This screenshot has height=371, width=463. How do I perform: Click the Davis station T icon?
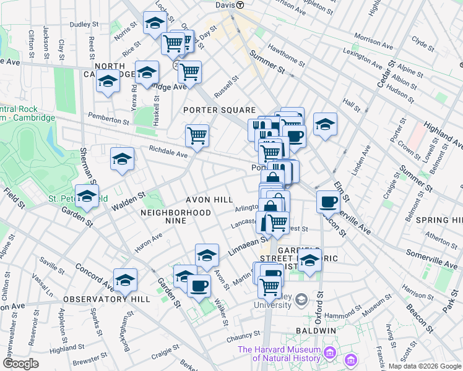point(240,4)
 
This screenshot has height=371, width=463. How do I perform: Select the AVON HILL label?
point(209,200)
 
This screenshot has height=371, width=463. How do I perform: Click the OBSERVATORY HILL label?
point(106,299)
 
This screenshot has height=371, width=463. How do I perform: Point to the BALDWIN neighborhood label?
point(319,331)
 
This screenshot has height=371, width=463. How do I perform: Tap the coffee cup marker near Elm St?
point(327,201)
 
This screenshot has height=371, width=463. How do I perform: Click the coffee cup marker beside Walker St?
point(199,286)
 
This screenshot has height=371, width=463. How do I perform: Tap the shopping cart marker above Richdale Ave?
point(197,135)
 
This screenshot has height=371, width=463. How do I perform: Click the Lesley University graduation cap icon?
point(301,301)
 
